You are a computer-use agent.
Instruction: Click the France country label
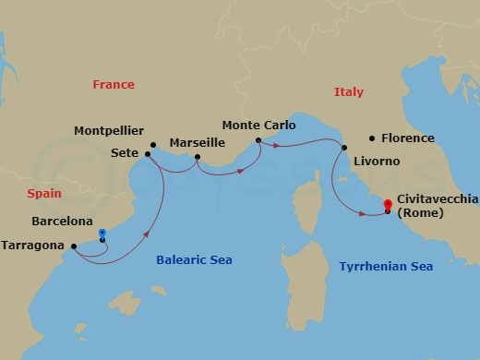click(x=114, y=85)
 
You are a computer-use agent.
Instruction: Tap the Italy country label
click(x=349, y=92)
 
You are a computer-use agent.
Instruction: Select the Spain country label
click(x=44, y=194)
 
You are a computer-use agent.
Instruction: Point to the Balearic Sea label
click(x=193, y=260)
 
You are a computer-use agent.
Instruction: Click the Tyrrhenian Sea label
click(x=386, y=267)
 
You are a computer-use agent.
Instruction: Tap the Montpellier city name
click(x=109, y=132)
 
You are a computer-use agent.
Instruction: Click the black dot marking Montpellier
click(x=154, y=144)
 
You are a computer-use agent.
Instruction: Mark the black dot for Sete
click(x=148, y=154)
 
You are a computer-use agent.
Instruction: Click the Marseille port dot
click(x=198, y=158)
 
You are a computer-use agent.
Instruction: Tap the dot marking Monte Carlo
click(x=259, y=140)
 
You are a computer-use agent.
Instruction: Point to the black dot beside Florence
click(x=371, y=138)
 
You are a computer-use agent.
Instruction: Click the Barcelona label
click(x=62, y=222)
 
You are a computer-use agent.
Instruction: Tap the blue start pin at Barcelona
click(x=102, y=234)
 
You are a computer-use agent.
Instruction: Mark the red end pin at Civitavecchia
click(x=387, y=205)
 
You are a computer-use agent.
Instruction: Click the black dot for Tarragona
click(x=73, y=246)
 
